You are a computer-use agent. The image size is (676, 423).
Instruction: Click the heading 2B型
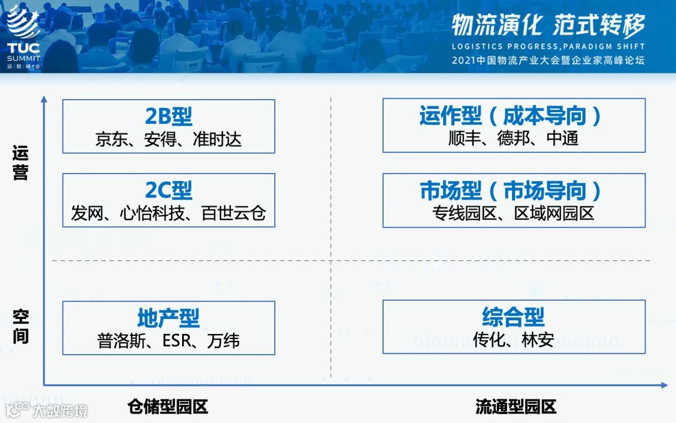tap(168, 117)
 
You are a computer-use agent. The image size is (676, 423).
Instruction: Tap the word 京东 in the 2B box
tap(111, 139)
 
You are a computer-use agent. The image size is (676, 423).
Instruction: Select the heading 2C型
tap(168, 191)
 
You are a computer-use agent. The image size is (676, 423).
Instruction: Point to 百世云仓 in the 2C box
tap(233, 214)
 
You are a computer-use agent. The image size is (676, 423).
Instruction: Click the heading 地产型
tap(168, 318)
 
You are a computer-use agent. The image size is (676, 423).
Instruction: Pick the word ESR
tap(180, 341)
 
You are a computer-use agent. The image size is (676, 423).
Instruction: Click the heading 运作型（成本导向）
tap(513, 116)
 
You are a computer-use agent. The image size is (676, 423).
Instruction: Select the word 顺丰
tap(464, 138)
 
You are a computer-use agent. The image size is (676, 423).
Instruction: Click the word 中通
tap(563, 138)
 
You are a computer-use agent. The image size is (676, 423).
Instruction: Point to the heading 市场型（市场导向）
tap(513, 191)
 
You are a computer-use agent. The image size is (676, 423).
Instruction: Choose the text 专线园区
tap(464, 214)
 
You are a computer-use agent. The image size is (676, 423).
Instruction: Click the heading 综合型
tap(513, 317)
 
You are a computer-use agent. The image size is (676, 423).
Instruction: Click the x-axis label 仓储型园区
tap(167, 407)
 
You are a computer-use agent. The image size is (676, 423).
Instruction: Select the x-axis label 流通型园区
tap(516, 407)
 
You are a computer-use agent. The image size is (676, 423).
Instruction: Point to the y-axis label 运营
tap(21, 164)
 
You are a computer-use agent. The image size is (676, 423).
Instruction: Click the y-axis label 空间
tap(21, 326)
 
